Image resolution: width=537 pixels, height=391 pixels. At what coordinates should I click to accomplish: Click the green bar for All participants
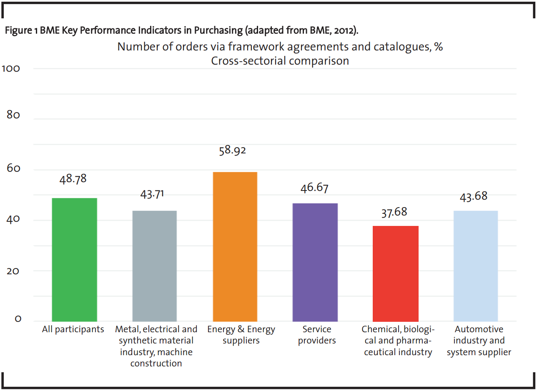coord(75,259)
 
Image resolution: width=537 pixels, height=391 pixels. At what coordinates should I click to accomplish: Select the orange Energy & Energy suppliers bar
coord(235,246)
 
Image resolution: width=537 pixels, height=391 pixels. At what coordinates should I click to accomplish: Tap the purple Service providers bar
coord(315,262)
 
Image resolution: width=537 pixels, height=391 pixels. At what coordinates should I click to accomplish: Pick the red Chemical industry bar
coord(396,273)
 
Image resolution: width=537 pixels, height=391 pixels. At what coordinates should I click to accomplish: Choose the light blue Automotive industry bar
coord(476,266)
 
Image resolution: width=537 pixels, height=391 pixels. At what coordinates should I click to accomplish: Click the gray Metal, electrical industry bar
coord(155,266)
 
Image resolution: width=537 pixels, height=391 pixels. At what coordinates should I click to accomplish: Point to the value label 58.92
coord(233,150)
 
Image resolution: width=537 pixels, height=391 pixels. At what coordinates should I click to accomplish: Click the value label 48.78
coord(73,179)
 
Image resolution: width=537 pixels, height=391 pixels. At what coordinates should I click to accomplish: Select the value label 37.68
coord(394,212)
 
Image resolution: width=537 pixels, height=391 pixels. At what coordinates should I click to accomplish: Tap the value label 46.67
coord(314,187)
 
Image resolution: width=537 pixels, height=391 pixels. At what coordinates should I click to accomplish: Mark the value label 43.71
coord(152,194)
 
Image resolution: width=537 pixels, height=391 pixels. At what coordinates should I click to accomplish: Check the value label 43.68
coord(474,196)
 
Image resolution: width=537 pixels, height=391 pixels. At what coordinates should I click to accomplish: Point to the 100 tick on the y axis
coord(11,68)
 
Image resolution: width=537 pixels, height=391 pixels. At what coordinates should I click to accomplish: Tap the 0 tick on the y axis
coord(18,319)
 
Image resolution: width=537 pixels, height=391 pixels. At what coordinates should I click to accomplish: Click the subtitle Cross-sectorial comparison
coord(280,60)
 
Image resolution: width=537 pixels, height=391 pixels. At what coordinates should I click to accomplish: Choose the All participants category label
coord(73,329)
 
